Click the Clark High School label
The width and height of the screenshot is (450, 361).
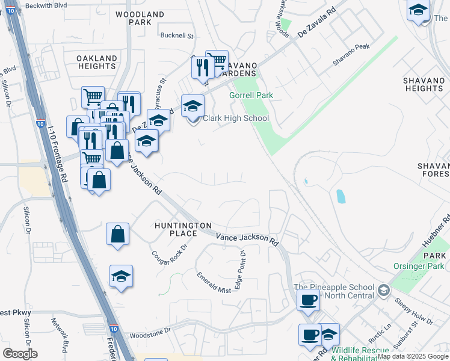(235, 118)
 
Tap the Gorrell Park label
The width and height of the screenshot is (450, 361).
(251, 95)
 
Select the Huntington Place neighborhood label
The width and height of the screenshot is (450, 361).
(183, 229)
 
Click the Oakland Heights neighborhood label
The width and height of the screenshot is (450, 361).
(97, 63)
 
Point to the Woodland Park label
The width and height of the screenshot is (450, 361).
(140, 17)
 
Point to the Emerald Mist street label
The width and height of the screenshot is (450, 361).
(214, 282)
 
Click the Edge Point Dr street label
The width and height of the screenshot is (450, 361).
(243, 269)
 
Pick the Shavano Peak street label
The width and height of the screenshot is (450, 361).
(351, 63)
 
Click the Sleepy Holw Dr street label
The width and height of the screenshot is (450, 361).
(413, 309)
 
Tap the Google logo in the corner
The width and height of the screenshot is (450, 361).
(19, 353)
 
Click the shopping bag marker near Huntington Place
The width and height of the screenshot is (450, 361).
(118, 234)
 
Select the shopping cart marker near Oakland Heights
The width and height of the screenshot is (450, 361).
(93, 96)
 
